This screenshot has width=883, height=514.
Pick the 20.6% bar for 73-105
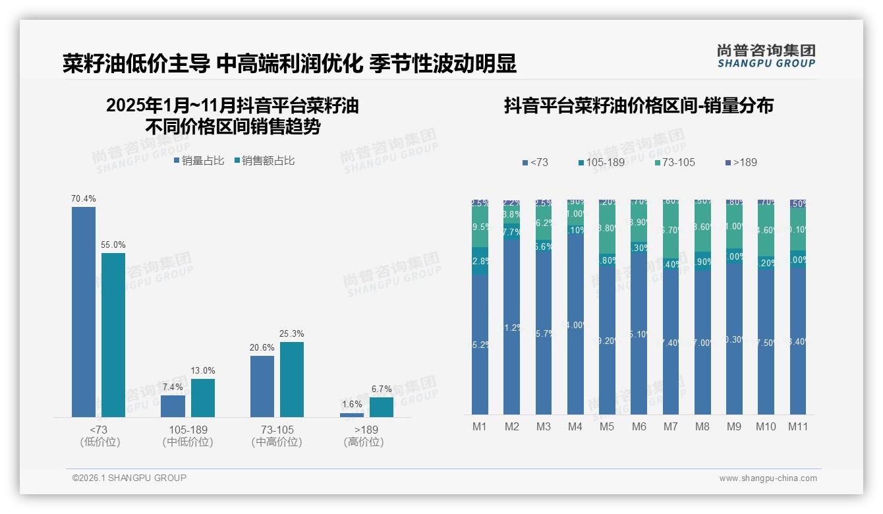click(262, 386)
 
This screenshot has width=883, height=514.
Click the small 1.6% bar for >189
click(352, 415)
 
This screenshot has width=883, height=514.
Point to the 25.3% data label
click(292, 334)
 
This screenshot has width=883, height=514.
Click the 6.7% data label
click(382, 389)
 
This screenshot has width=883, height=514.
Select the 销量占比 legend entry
click(200, 160)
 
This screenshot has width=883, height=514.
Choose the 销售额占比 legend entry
click(264, 160)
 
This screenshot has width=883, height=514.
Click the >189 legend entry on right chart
click(741, 162)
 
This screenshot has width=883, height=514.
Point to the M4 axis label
click(575, 426)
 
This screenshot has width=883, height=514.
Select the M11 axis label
click(798, 426)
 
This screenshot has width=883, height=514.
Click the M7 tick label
click(670, 426)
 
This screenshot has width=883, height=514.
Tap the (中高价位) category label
click(277, 442)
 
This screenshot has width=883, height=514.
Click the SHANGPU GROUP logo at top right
click(766, 56)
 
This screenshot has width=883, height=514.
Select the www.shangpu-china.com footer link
click(768, 478)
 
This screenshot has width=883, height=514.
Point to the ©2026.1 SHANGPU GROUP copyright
click(129, 478)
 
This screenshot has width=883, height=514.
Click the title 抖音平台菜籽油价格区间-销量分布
click(639, 105)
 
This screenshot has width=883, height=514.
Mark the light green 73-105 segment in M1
click(480, 227)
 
